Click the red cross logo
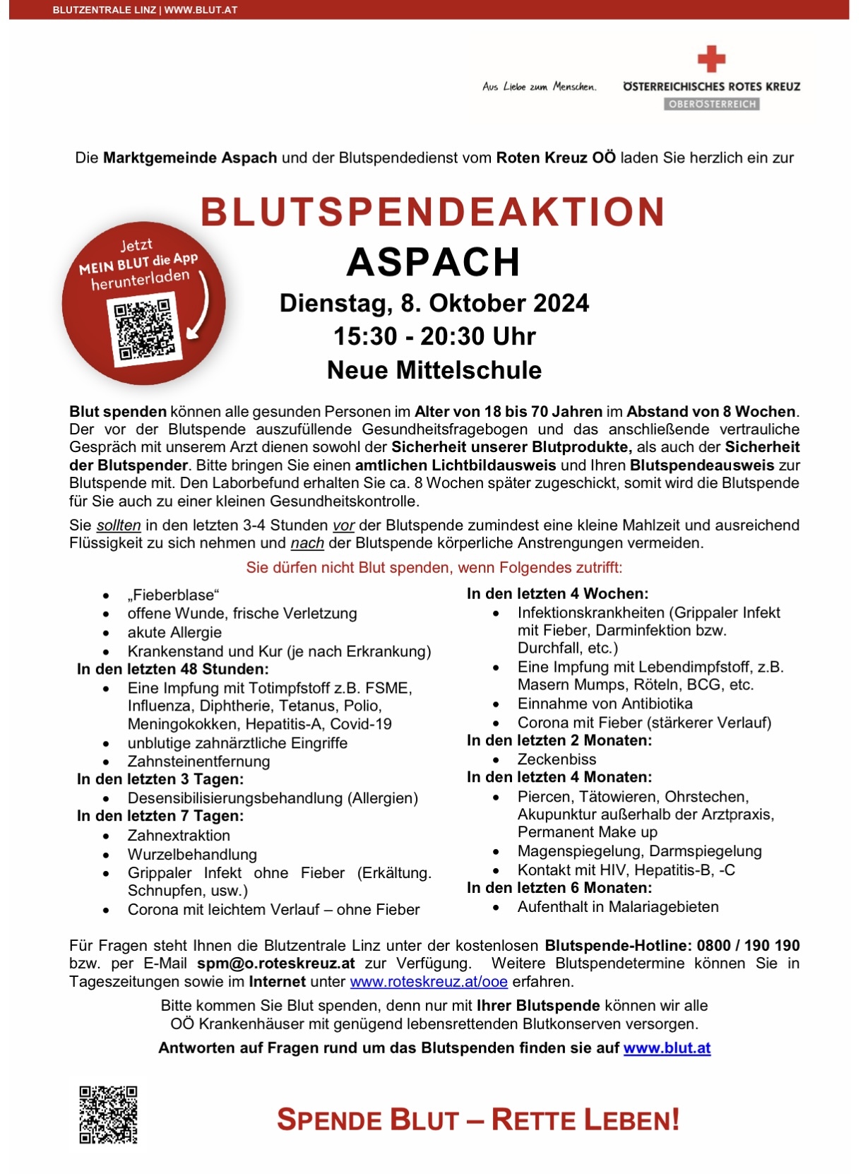[711, 59]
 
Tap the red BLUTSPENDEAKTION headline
[433, 212]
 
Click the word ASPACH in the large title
[433, 262]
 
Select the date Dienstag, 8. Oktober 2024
[434, 303]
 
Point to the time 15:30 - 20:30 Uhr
[434, 336]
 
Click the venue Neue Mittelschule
[434, 370]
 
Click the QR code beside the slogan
[108, 1115]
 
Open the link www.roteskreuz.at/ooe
[429, 982]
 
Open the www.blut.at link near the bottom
[667, 1048]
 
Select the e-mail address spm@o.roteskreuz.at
[275, 963]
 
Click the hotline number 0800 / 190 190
[748, 946]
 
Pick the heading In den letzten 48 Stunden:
[173, 669]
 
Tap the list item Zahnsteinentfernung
[198, 761]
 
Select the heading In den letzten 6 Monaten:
[559, 888]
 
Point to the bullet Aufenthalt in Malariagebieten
[618, 907]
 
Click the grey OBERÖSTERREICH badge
[711, 105]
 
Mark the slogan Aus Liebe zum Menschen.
[539, 87]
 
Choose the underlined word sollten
[119, 526]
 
